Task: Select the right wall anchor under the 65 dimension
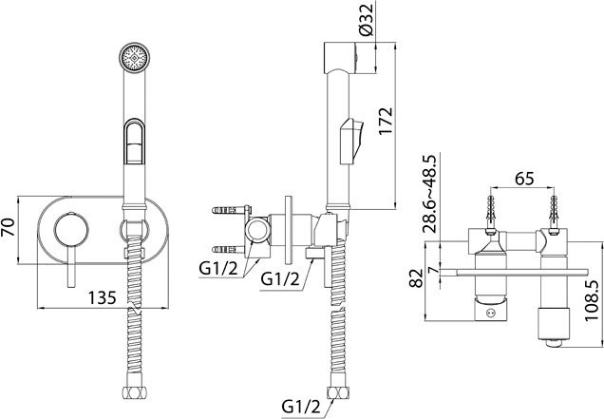click(551, 212)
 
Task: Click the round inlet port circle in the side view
click(255, 232)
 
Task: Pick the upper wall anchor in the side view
click(227, 210)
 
